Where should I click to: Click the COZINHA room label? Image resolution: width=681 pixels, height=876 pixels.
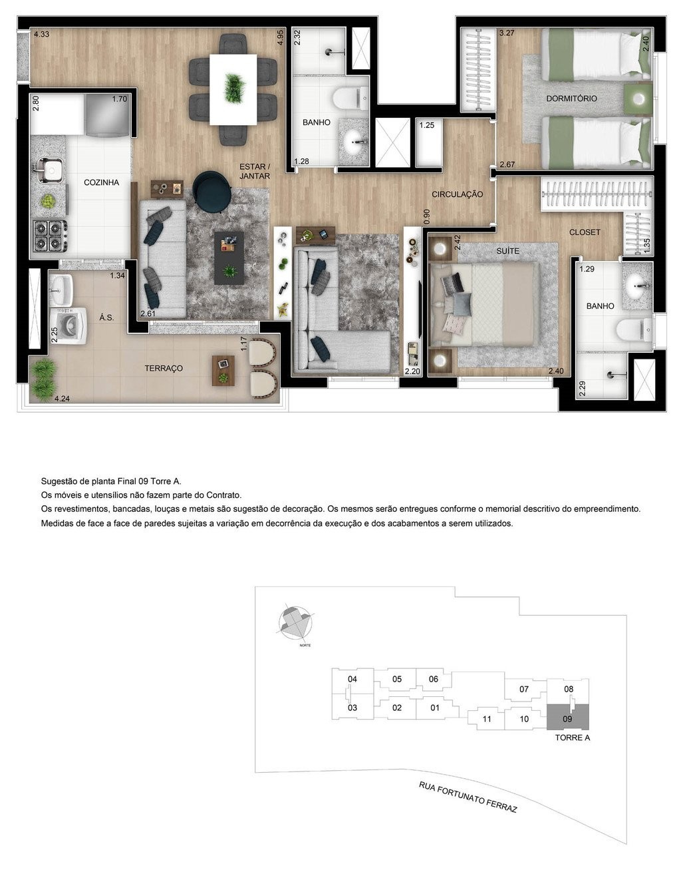pyautogui.click(x=101, y=182)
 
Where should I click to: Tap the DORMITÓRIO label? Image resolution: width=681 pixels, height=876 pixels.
pyautogui.click(x=571, y=99)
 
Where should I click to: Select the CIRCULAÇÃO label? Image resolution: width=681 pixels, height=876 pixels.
pyautogui.click(x=457, y=194)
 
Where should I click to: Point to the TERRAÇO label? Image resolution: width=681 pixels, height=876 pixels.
pyautogui.click(x=164, y=368)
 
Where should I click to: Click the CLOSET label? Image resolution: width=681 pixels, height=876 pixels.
pyautogui.click(x=585, y=232)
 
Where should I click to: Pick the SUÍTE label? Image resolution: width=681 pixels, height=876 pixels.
pyautogui.click(x=507, y=251)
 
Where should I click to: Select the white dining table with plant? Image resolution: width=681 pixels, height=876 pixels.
pyautogui.click(x=233, y=89)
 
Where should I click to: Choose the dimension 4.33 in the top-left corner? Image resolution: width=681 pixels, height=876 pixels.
pyautogui.click(x=41, y=34)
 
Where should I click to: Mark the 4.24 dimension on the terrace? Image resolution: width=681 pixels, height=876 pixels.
pyautogui.click(x=62, y=399)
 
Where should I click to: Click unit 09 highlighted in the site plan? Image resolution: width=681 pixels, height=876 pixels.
pyautogui.click(x=567, y=718)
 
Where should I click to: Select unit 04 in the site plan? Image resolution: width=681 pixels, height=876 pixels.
pyautogui.click(x=352, y=679)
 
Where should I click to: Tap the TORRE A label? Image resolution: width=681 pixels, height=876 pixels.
pyautogui.click(x=573, y=738)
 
